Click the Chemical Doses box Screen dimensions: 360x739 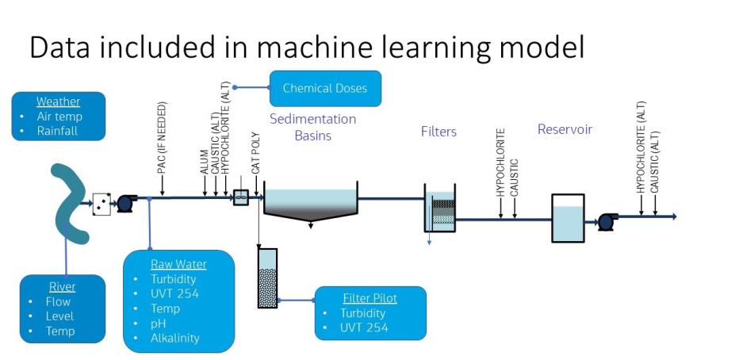(x=325, y=88)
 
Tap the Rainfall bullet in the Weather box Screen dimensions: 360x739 (x=57, y=131)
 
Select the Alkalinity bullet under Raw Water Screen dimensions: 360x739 (x=174, y=338)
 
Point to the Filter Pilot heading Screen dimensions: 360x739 (x=369, y=298)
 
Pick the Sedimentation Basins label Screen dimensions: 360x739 (x=312, y=127)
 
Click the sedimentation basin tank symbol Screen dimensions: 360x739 (x=311, y=202)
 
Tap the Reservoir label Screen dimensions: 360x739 (x=565, y=129)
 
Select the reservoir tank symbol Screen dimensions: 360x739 (x=568, y=217)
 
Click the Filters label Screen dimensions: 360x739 (x=438, y=132)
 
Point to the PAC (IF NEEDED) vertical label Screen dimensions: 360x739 (x=161, y=139)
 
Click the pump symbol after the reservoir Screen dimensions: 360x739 (x=608, y=221)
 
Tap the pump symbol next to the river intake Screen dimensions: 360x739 (x=126, y=203)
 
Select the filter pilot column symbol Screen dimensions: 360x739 (x=268, y=278)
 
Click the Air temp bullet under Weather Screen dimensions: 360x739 (x=59, y=117)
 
